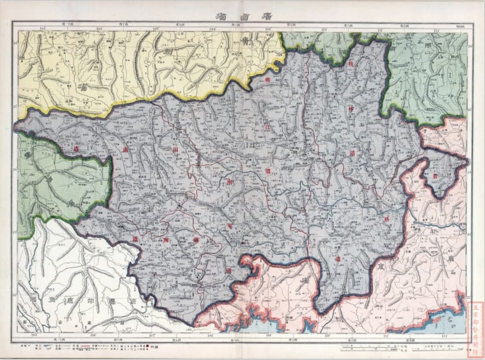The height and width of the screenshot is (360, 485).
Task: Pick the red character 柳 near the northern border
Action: coord(267,82)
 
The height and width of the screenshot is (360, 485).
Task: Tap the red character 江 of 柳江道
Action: coord(267,126)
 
